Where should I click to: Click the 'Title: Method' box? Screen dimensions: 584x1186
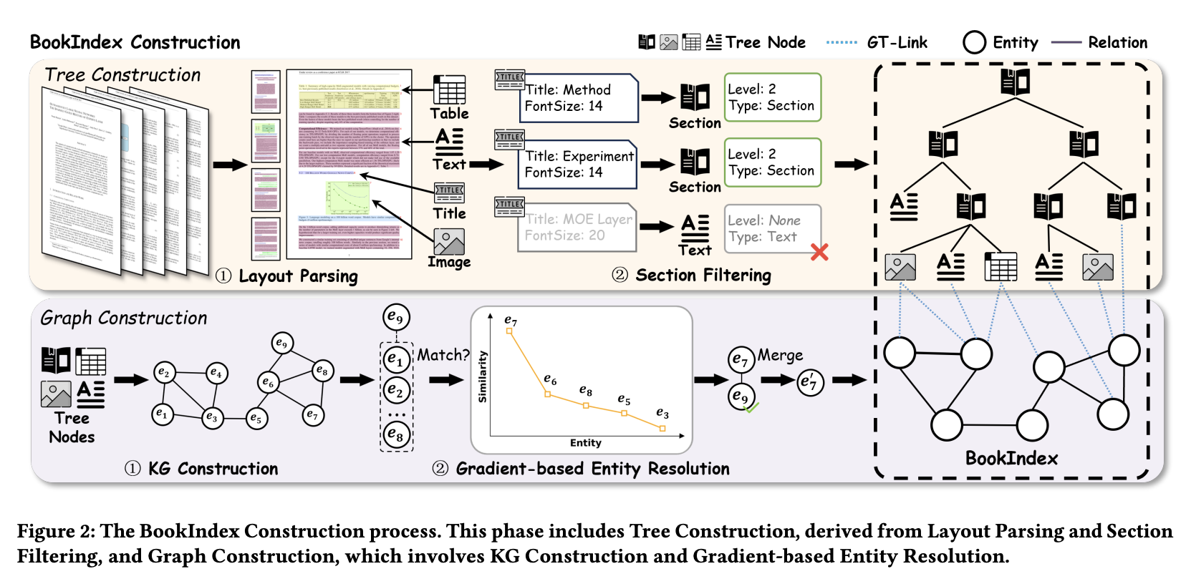coord(579,98)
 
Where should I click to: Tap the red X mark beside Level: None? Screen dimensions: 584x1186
coord(819,252)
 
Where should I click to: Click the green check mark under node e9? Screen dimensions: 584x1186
coord(752,408)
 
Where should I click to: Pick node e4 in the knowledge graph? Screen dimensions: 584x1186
coord(216,372)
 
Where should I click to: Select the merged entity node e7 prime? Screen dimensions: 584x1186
coord(810,382)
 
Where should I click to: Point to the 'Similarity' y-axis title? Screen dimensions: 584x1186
coord(483,376)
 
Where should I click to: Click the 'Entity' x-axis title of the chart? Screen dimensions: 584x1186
coord(585,443)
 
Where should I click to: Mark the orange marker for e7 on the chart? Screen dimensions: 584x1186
coord(509,331)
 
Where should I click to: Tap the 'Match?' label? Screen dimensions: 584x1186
coord(443,355)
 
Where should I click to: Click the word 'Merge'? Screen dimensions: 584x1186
coord(780,355)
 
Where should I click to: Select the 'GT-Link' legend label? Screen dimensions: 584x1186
coord(897,43)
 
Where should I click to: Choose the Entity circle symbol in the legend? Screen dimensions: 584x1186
coord(974,42)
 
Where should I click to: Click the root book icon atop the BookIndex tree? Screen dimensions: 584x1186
coord(1015,82)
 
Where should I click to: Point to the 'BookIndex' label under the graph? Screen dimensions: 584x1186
coord(1011,458)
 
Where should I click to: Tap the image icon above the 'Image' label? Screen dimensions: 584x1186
coord(449,242)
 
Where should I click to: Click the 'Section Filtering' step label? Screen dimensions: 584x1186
coord(703,276)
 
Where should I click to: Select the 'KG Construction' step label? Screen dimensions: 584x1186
coord(213,469)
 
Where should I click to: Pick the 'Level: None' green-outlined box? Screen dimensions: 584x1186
coord(772,228)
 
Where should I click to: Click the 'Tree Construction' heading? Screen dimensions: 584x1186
coord(122,75)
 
